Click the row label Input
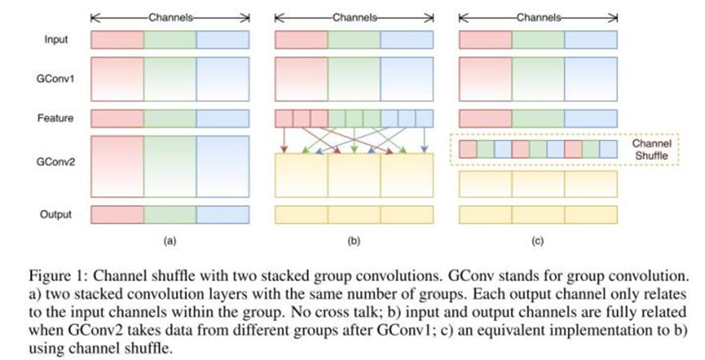[57, 39]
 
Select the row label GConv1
[57, 80]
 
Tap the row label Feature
[57, 119]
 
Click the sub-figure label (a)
[168, 240]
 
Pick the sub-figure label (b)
[352, 240]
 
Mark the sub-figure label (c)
[537, 240]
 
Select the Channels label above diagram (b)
[353, 17]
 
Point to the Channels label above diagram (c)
[536, 17]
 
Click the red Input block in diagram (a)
[116, 39]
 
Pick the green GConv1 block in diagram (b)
[353, 80]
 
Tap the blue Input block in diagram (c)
[590, 39]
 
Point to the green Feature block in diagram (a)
[170, 119]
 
